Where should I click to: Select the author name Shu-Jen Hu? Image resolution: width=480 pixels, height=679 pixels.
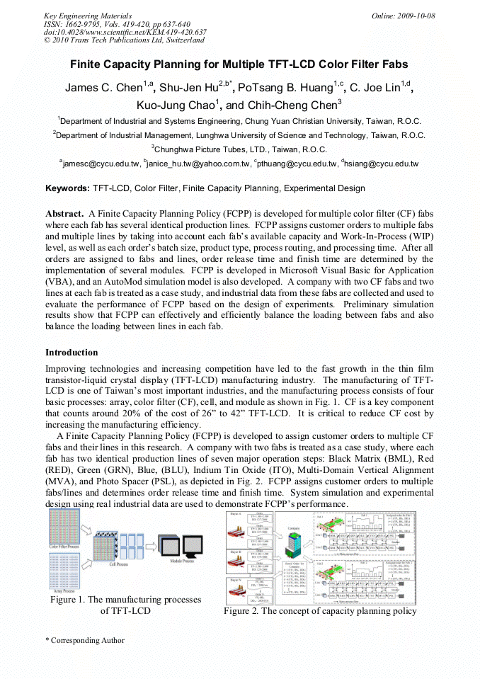tap(187, 88)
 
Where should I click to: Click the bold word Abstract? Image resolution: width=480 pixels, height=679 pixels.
tap(64, 213)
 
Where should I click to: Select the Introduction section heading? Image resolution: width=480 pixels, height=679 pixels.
tap(72, 352)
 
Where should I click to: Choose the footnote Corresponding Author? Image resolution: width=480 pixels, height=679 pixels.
tap(86, 640)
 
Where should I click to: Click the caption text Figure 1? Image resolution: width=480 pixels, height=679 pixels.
tap(69, 600)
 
